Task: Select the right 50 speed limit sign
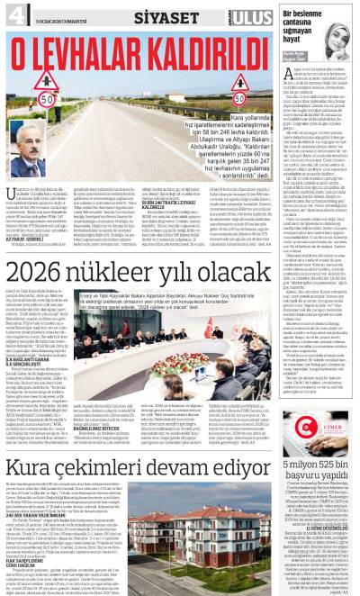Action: [x=240, y=99]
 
